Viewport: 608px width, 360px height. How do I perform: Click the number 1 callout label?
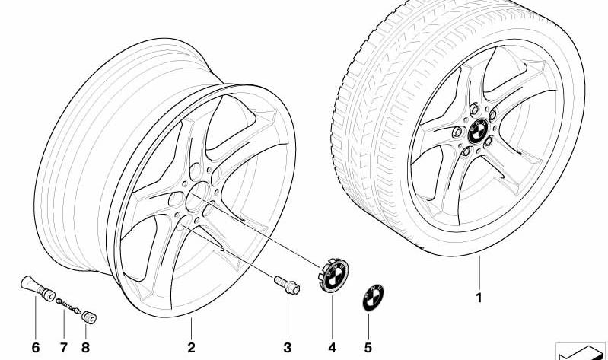pyautogui.click(x=479, y=298)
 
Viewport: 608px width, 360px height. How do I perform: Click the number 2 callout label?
pyautogui.click(x=191, y=348)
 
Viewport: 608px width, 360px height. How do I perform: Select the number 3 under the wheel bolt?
pyautogui.click(x=287, y=348)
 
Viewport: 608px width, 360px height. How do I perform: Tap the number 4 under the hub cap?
pyautogui.click(x=332, y=348)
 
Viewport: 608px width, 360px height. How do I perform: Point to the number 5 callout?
pyautogui.click(x=369, y=348)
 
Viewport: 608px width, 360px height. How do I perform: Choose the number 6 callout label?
pyautogui.click(x=35, y=348)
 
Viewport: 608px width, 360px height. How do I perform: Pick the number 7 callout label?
pyautogui.click(x=62, y=348)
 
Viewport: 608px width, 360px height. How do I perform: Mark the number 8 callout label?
pyautogui.click(x=85, y=348)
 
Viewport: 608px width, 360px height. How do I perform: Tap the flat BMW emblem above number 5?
pyautogui.click(x=371, y=296)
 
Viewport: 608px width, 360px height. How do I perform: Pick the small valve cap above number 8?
pyautogui.click(x=87, y=316)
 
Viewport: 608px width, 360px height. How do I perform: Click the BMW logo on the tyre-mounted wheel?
pyautogui.click(x=478, y=130)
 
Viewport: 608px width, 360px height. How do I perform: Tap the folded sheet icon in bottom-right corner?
pyautogui.click(x=582, y=350)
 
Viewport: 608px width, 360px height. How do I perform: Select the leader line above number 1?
pyautogui.click(x=479, y=274)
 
